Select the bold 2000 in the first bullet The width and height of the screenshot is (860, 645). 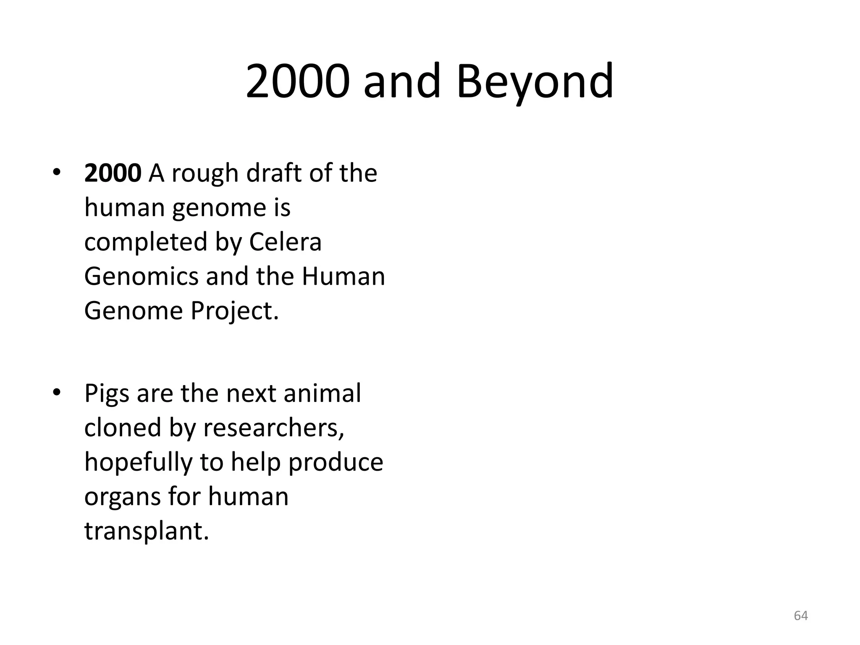(x=113, y=173)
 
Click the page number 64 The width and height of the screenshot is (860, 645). (x=801, y=616)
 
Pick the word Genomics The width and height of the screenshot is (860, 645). (x=141, y=277)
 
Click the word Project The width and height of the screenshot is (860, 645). (x=234, y=312)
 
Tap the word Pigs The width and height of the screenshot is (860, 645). (x=107, y=394)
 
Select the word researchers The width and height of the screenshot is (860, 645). (x=273, y=428)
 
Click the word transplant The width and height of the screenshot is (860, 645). (x=147, y=531)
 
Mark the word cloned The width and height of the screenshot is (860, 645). (x=123, y=428)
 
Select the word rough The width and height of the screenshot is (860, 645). (x=205, y=174)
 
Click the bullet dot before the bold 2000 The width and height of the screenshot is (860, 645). (x=57, y=173)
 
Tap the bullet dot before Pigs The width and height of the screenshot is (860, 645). (x=57, y=393)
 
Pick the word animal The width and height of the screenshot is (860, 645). (x=322, y=393)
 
